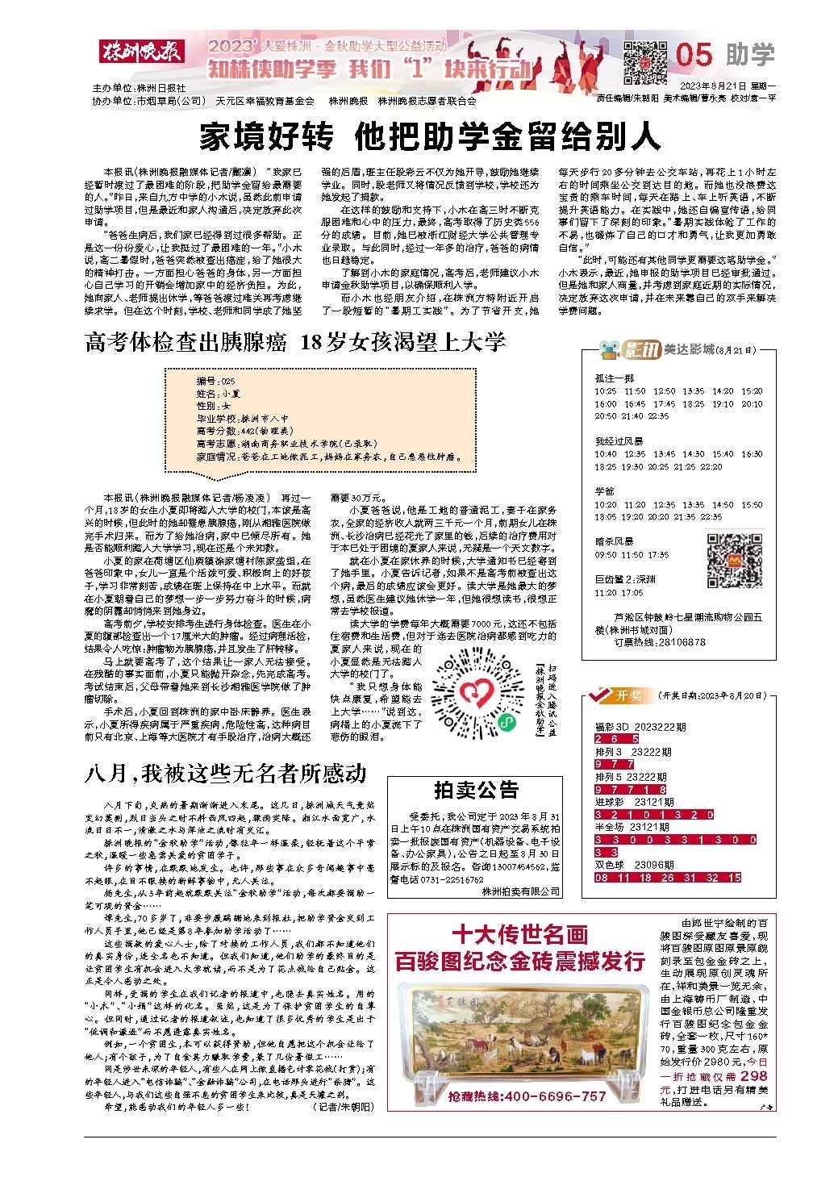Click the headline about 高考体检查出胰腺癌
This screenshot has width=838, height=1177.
coord(295,342)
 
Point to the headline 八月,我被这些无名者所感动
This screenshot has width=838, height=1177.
coord(226,773)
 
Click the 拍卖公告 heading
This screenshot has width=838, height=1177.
coord(476,790)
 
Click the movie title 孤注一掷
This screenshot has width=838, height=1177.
coord(615,378)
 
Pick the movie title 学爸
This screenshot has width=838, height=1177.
coord(605,490)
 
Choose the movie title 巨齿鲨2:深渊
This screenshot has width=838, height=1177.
coord(626,579)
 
